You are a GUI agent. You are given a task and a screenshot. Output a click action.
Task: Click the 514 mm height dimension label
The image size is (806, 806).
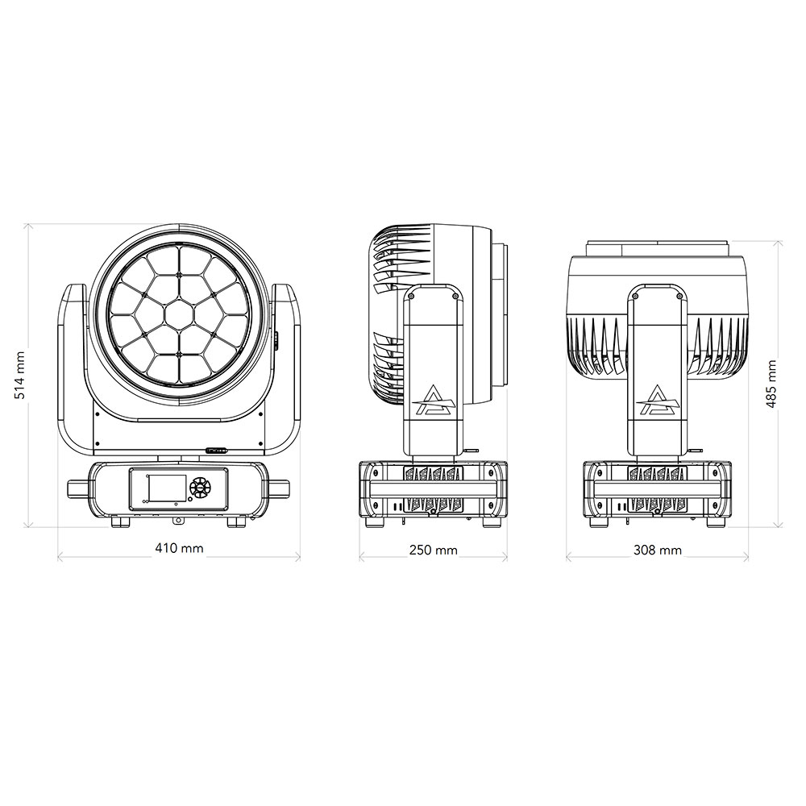pyautogui.click(x=19, y=376)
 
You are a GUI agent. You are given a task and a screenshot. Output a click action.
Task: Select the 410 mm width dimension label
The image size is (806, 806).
pyautogui.click(x=180, y=548)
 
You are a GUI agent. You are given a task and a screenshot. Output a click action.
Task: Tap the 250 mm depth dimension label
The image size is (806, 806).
pyautogui.click(x=434, y=550)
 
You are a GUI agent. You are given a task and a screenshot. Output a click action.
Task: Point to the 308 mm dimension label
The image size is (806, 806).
pyautogui.click(x=658, y=550)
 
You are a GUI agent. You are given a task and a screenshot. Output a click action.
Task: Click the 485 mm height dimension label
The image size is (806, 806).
pyautogui.click(x=771, y=384)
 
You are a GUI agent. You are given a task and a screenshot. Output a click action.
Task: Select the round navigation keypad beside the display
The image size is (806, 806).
pyautogui.click(x=199, y=486)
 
